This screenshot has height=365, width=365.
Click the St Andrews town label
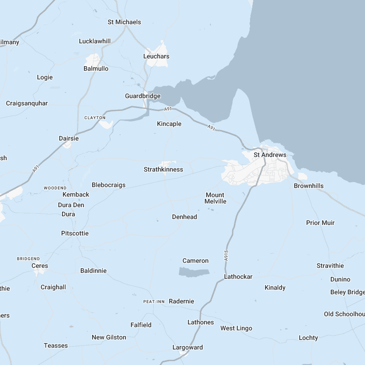tap(270, 155)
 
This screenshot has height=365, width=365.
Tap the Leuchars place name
tap(156, 57)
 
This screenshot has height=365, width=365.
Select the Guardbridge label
tap(143, 96)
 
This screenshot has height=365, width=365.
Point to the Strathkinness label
tap(163, 170)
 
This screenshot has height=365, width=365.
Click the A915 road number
tap(226, 255)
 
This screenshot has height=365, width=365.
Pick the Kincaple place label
tap(169, 124)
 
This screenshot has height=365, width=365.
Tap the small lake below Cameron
tap(194, 272)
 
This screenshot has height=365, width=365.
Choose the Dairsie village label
tap(69, 138)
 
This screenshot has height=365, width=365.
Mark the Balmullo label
tap(96, 69)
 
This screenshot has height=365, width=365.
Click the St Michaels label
tap(125, 22)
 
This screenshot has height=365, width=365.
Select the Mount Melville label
tap(215, 198)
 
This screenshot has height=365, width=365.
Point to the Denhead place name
tap(185, 217)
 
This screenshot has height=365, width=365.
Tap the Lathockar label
tap(238, 277)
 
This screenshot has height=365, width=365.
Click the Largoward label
tap(188, 348)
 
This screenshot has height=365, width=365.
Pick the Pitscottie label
tap(75, 234)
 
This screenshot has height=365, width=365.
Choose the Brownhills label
tap(309, 186)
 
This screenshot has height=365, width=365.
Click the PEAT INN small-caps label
tap(154, 302)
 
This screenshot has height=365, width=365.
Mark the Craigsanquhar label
tap(27, 104)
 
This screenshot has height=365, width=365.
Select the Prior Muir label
tap(320, 223)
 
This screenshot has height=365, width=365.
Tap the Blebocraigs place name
tap(109, 185)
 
